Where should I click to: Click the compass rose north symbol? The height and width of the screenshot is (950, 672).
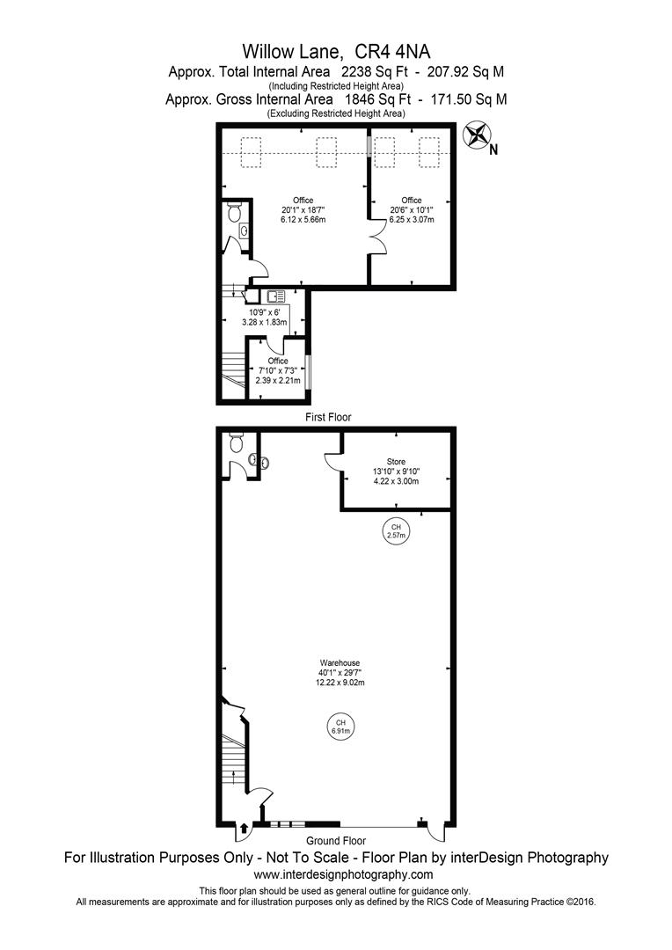coord(478,136)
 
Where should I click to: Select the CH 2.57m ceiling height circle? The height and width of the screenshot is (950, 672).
coord(396,531)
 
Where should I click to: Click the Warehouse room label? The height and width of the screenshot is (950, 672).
coord(340,662)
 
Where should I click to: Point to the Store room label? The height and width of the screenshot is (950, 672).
coord(396,461)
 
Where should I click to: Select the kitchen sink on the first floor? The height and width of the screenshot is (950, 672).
coord(274,296)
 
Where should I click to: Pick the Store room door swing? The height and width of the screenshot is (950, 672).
coord(332,461)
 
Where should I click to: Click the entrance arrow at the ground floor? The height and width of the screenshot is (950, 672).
coord(244,827)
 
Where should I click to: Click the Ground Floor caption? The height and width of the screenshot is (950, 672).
coord(335,841)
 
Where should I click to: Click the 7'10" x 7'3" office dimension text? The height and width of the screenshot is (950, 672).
coord(278,370)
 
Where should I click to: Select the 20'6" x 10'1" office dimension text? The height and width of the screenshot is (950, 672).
coord(412,210)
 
